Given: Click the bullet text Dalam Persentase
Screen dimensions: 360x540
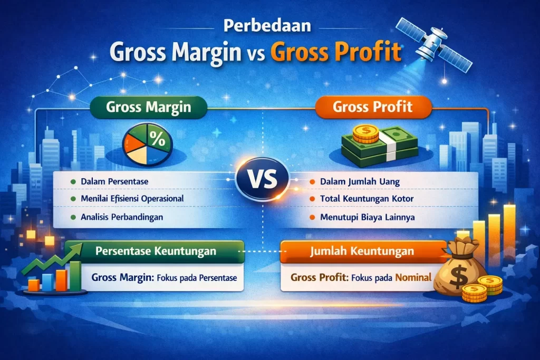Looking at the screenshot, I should pyautogui.click(x=114, y=181).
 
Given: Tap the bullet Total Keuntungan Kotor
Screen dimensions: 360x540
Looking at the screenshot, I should pyautogui.click(x=367, y=199).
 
